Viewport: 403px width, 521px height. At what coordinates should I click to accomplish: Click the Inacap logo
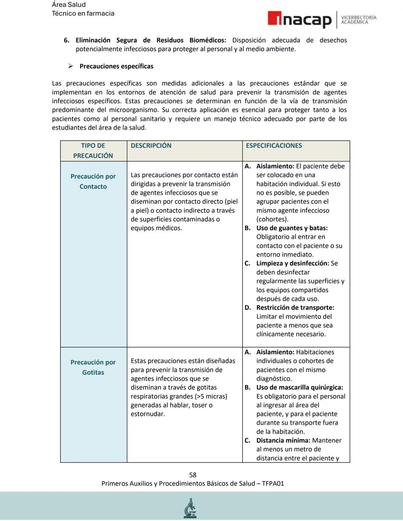coord(299,20)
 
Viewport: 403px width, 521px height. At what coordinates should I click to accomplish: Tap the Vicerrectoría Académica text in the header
coord(359,20)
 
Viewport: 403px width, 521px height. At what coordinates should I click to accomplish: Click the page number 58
coord(193,475)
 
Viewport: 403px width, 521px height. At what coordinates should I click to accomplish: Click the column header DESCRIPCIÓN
coord(151,146)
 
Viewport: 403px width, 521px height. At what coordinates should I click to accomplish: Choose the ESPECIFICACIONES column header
coord(274,146)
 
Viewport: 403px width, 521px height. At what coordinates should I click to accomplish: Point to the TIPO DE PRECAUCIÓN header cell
coord(93,151)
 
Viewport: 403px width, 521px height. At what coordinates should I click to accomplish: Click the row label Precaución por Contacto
coord(93,181)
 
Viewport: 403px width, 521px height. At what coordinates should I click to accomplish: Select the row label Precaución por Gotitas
coord(93,367)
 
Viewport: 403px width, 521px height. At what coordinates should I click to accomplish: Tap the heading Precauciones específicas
coord(116,66)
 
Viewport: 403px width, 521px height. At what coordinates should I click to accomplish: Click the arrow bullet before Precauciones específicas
coord(70,66)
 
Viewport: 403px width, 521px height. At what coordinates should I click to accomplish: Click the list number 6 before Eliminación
coord(66,40)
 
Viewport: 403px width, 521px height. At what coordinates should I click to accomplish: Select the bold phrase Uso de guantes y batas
coord(291,228)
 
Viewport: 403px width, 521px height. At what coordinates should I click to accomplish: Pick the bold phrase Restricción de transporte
coord(295,308)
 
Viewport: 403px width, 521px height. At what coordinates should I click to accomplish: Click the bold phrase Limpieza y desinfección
coord(292,263)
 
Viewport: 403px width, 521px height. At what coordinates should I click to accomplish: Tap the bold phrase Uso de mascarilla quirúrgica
coord(299,387)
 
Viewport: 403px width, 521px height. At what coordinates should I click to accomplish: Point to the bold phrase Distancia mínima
coord(283,440)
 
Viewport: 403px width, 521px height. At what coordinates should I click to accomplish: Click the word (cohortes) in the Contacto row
coord(272,219)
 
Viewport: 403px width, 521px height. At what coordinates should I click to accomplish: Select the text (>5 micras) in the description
coord(210,396)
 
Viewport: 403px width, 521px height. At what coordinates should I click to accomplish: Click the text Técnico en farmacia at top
coord(83,13)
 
